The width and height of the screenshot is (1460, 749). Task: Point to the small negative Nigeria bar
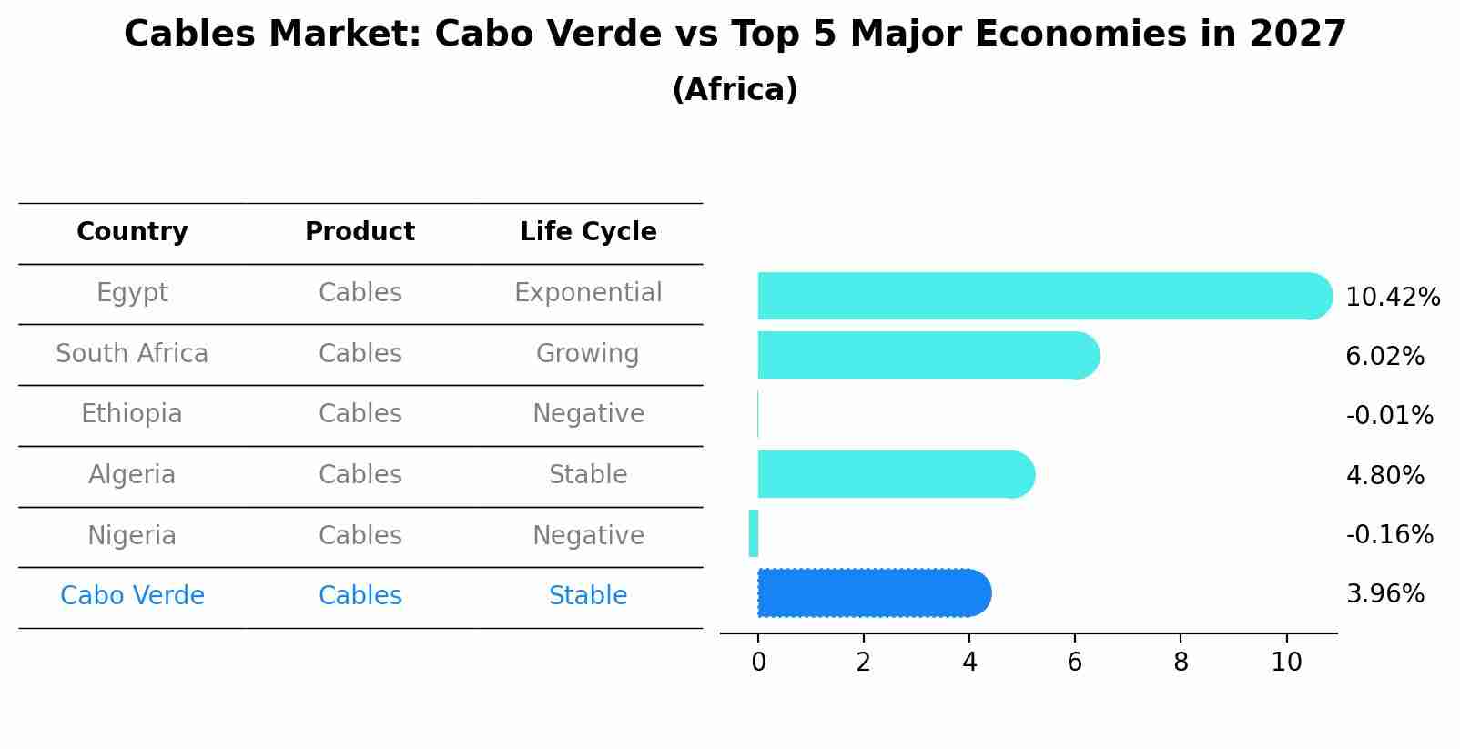point(754,533)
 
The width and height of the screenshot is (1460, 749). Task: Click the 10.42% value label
point(1393,298)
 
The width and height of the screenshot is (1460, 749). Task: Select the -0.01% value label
point(1389,416)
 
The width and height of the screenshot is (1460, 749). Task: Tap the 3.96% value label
point(1384,594)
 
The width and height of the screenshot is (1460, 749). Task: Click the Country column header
point(132,232)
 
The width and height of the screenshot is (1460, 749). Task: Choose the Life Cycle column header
point(588,232)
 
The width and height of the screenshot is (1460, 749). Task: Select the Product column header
point(360,232)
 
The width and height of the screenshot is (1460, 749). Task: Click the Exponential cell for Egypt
point(588,293)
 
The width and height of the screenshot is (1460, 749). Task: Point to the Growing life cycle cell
point(587,353)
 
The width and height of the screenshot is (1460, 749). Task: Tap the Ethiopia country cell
point(132,414)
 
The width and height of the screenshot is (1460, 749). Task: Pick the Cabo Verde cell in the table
point(132,596)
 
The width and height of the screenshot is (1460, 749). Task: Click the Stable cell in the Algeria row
point(587,475)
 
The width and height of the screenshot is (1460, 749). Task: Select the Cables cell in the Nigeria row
point(360,535)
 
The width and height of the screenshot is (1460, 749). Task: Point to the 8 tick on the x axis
point(1181,663)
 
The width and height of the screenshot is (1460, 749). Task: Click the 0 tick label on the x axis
point(758,663)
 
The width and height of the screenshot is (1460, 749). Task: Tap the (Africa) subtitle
point(735,90)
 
